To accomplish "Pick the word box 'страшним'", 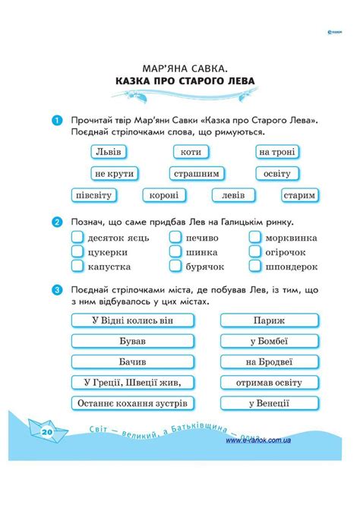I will point(196,173).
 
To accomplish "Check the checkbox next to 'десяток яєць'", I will point(77,237).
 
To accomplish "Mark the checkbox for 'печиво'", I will point(175,237).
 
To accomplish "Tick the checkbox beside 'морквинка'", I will point(254,237).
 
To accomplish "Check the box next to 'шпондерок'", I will point(254,267).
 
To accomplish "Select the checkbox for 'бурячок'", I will point(175,267).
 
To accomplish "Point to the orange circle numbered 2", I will point(57,222).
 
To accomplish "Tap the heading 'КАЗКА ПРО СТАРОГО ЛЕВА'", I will point(180,80).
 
